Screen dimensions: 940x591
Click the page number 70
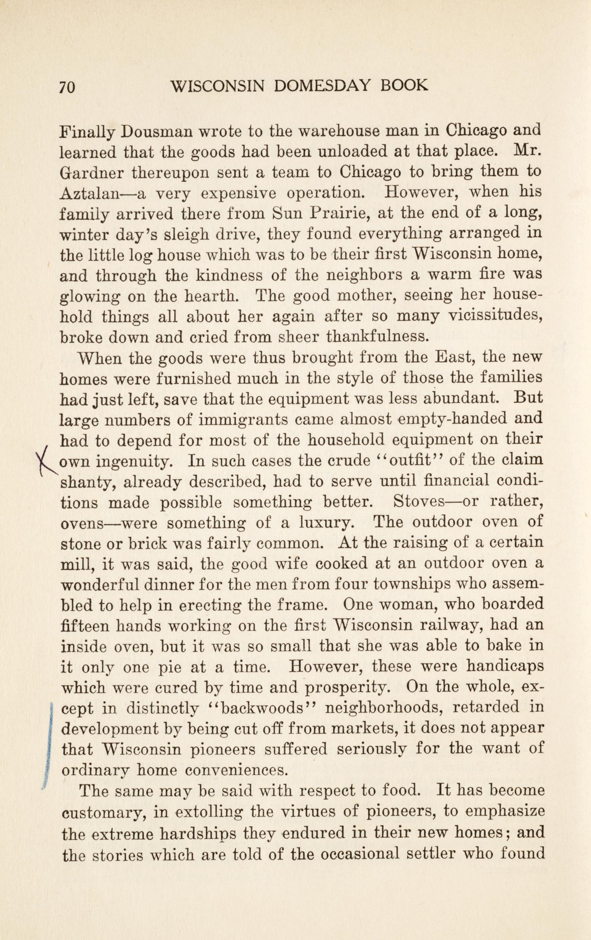[x=67, y=88]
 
